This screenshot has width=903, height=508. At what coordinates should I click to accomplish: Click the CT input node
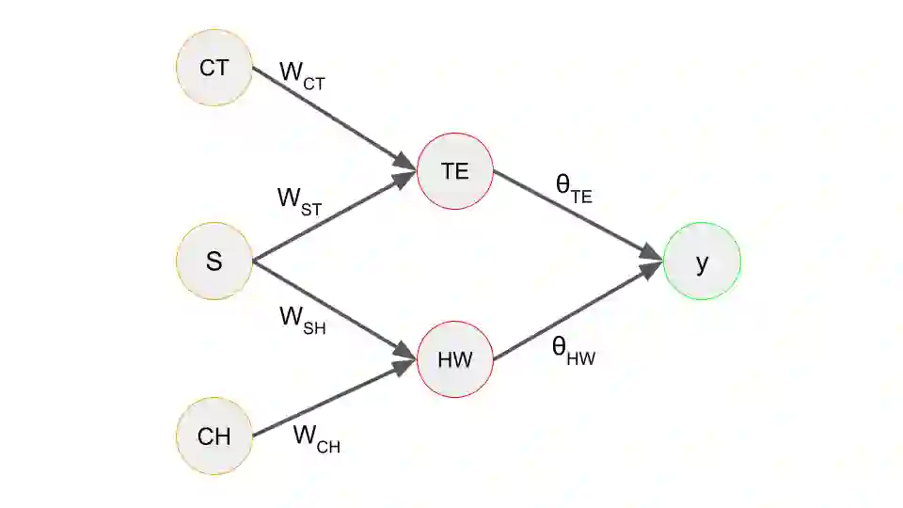[x=214, y=68]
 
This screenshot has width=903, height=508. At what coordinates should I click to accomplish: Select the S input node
[x=214, y=261]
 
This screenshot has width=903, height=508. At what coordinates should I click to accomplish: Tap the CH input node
[x=214, y=437]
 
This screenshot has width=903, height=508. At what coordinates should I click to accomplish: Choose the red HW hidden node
[x=454, y=359]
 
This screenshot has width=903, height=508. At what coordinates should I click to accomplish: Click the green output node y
[x=702, y=262]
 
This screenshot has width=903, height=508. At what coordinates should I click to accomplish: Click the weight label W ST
[x=300, y=200]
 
